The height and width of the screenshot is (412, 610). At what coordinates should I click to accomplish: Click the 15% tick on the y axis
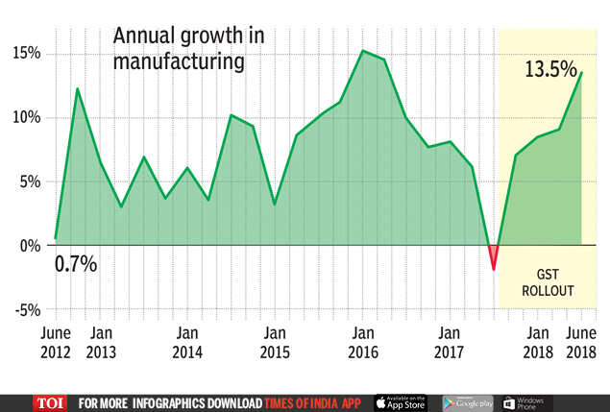tap(26, 53)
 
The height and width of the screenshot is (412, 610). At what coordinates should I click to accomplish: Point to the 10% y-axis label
tap(26, 117)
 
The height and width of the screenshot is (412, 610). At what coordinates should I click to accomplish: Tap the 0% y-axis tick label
tap(31, 245)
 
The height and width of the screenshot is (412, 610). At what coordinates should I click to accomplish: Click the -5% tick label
tap(26, 309)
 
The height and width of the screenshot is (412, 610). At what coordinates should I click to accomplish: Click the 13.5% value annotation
tap(550, 70)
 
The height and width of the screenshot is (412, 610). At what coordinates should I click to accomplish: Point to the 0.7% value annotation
tap(76, 263)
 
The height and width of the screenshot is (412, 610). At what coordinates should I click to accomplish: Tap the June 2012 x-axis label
tap(56, 342)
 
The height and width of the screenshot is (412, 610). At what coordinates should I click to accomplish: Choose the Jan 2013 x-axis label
tap(101, 342)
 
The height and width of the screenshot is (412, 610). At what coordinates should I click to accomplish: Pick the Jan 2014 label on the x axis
tap(187, 342)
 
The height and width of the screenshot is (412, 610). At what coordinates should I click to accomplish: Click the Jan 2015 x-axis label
tap(275, 342)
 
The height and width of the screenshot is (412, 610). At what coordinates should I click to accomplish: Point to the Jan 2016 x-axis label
tap(362, 342)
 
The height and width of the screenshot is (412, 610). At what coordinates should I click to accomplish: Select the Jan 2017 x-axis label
tap(450, 342)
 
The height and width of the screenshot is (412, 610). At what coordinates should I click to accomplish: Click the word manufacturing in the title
tap(179, 61)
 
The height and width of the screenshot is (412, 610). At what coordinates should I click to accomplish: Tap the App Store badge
tap(401, 402)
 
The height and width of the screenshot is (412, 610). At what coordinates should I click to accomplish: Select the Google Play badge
tap(468, 402)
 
